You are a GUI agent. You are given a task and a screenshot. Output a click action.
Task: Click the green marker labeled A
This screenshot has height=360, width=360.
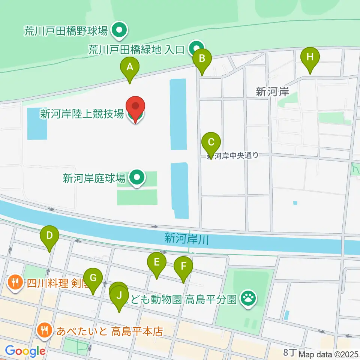[130, 68]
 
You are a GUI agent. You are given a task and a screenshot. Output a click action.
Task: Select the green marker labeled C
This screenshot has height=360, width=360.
[211, 143]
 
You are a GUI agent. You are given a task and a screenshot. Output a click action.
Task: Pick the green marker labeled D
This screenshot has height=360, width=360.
[49, 236]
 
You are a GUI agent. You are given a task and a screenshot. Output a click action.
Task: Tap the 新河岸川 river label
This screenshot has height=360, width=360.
[186, 238]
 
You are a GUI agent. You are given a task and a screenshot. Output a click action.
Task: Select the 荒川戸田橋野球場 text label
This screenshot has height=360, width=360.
[66, 31]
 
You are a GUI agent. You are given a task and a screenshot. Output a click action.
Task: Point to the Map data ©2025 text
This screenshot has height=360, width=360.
[327, 354]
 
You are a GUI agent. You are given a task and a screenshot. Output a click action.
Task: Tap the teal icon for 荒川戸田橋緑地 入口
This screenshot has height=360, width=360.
[196, 48]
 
